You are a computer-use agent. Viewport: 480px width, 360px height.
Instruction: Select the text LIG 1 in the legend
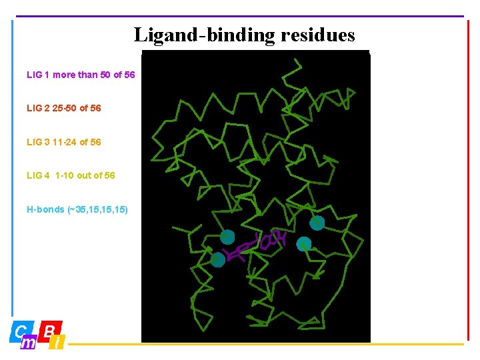(x=38, y=75)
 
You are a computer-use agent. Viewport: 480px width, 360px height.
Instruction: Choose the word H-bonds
(x=45, y=209)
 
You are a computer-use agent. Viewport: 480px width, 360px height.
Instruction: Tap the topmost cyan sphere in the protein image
(x=317, y=223)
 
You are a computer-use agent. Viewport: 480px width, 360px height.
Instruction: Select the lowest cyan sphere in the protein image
(x=218, y=260)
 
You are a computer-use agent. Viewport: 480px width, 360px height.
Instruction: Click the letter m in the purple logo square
(x=29, y=343)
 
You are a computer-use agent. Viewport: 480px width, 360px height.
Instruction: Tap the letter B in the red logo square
(x=50, y=329)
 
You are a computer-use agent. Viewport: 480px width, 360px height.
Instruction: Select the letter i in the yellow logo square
(x=58, y=343)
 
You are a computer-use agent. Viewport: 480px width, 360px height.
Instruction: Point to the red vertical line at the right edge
(x=468, y=180)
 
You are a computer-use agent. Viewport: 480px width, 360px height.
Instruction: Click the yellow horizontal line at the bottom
(x=267, y=345)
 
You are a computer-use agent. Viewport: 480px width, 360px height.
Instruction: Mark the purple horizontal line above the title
(x=240, y=16)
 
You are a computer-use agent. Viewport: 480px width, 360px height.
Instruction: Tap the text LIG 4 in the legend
(x=38, y=175)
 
